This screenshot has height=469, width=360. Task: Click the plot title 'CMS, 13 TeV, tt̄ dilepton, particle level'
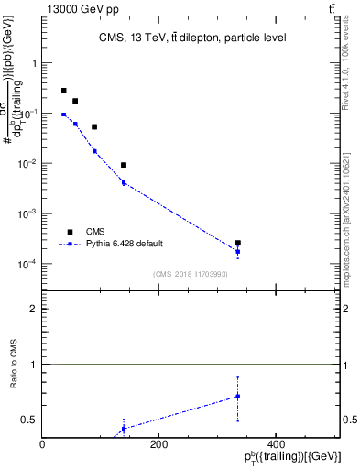tap(192, 38)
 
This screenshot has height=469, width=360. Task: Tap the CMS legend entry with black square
tap(70, 232)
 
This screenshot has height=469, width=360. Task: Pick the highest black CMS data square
tap(63, 91)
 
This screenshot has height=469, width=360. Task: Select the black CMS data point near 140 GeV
tap(124, 165)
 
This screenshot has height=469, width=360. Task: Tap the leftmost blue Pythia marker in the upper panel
tap(63, 115)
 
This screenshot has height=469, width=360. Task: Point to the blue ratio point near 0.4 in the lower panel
tap(124, 428)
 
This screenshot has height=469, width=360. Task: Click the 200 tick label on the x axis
tap(158, 443)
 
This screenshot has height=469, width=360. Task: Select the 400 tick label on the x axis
tap(275, 443)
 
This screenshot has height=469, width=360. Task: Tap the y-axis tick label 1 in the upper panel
tap(34, 63)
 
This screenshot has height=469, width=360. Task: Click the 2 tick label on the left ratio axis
tap(34, 309)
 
